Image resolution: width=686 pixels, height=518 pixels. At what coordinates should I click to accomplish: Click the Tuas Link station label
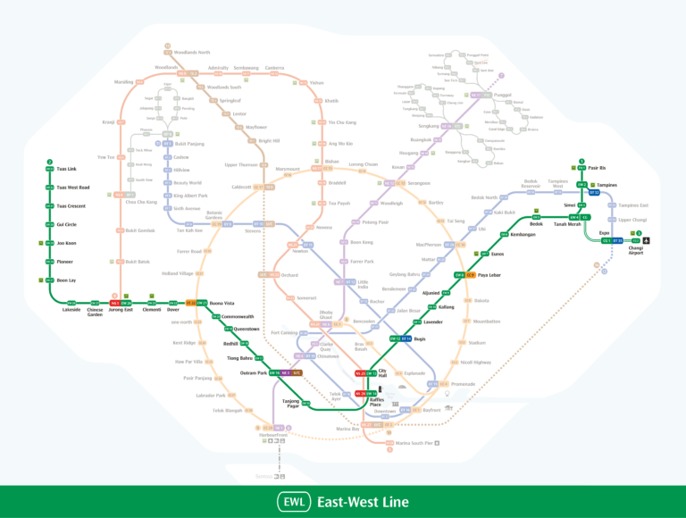67,169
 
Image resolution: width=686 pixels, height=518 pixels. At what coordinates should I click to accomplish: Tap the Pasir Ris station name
598,168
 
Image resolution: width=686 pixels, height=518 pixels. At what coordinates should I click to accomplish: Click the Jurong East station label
121,310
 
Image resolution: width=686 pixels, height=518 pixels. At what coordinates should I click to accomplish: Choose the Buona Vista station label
222,303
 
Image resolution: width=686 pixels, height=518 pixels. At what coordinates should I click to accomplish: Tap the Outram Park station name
255,372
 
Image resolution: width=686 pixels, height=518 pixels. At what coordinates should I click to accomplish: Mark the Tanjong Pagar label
290,403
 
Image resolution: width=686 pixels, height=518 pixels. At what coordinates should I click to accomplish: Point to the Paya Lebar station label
489,275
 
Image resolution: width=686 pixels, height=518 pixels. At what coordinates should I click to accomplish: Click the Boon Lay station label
66,280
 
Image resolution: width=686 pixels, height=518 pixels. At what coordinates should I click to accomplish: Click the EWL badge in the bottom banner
294,502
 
